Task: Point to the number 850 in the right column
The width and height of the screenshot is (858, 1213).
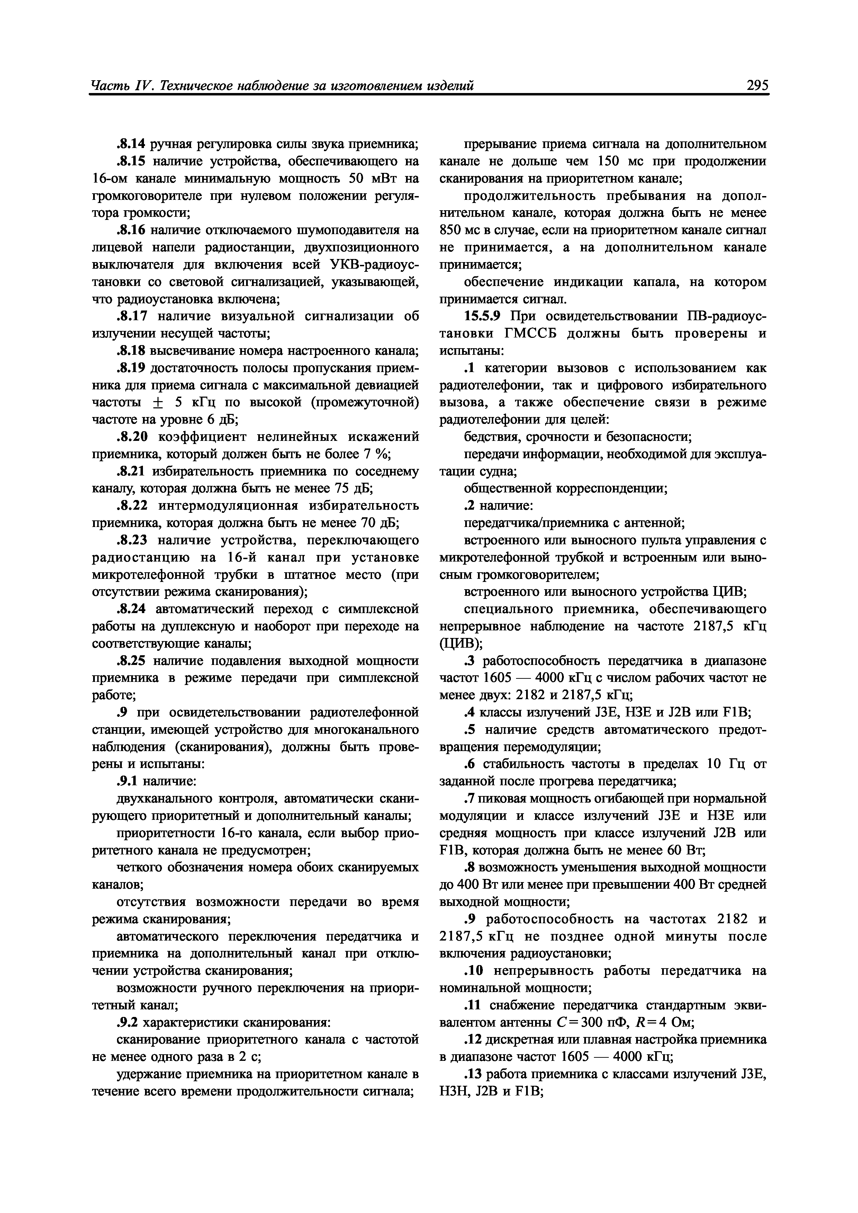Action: [451, 230]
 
